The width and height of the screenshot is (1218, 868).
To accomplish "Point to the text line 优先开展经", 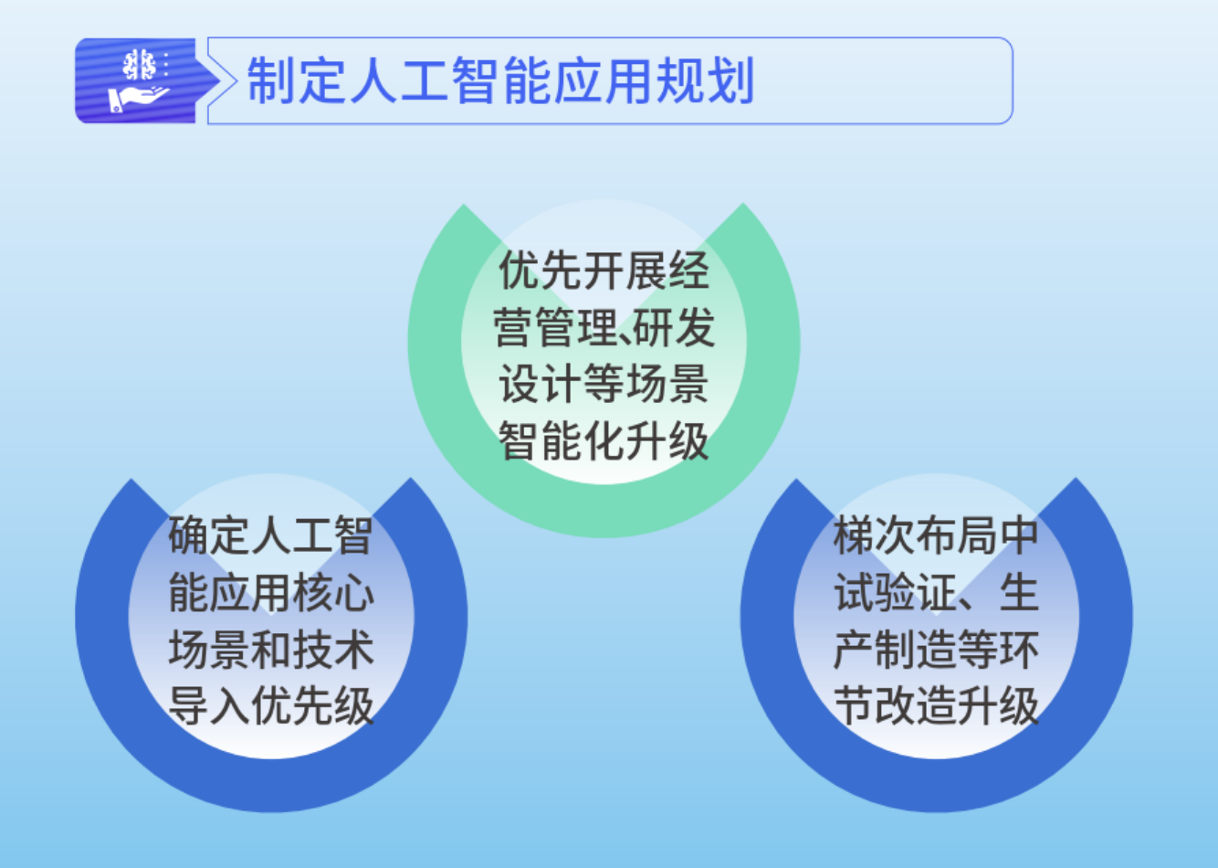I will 604,271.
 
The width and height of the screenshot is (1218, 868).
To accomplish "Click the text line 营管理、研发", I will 604,328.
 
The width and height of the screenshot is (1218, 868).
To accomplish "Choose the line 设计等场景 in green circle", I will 604,385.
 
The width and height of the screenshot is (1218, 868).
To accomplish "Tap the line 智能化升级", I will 604,441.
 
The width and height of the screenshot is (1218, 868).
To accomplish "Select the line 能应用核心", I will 271,593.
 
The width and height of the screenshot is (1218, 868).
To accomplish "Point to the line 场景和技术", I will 271,650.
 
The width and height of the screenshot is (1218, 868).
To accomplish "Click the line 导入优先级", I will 271,706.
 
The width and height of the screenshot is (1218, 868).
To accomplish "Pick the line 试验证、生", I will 936,593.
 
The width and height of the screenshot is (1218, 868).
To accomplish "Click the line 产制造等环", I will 936,650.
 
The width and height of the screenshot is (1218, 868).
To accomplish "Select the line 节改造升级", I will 936,706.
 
